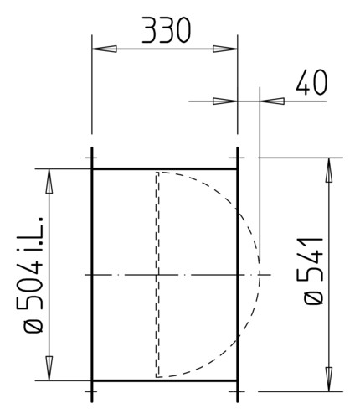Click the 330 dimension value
pyautogui.click(x=167, y=30)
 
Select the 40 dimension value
pyautogui.click(x=311, y=82)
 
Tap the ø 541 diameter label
pyautogui.click(x=313, y=271)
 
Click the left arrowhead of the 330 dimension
pyautogui.click(x=105, y=49)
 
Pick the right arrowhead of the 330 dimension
pyautogui.click(x=225, y=49)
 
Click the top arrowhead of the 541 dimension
pyautogui.click(x=329, y=170)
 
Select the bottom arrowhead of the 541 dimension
pyautogui.click(x=329, y=379)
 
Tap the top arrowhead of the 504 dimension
pyautogui.click(x=49, y=181)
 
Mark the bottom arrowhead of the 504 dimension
pyautogui.click(x=49, y=368)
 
